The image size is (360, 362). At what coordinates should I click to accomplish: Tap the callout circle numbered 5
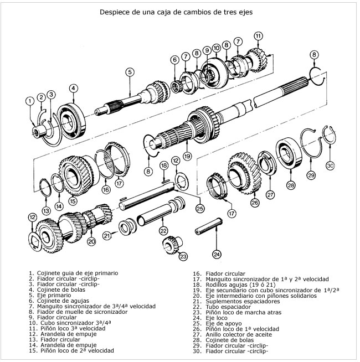click(129, 71)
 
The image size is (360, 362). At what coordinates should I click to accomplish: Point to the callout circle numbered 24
click(217, 254)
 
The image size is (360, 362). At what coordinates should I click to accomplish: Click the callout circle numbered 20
click(91, 241)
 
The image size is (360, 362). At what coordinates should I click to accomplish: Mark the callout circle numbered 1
click(29, 101)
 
